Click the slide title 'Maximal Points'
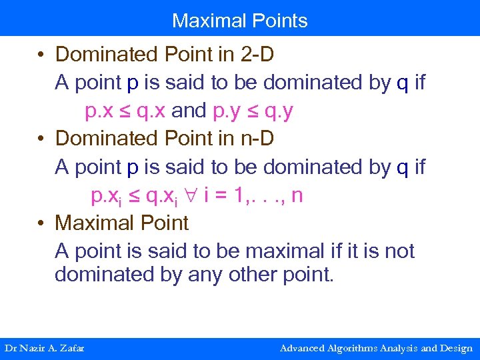point(240,21)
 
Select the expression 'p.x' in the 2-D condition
point(99,111)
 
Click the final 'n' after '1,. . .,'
point(298,195)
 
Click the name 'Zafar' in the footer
point(72,348)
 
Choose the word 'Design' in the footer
point(456,348)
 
